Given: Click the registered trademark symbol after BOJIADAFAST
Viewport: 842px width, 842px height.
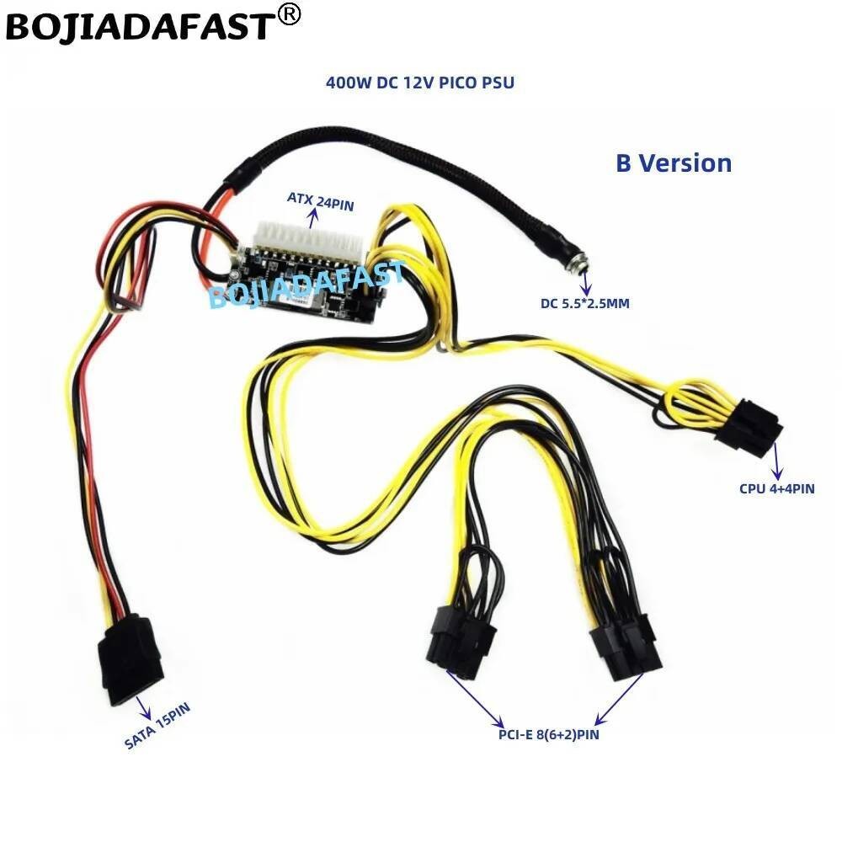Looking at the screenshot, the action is [289, 15].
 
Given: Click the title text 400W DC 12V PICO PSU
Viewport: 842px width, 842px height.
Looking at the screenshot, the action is [420, 83].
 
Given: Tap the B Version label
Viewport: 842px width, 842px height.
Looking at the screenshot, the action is [674, 163].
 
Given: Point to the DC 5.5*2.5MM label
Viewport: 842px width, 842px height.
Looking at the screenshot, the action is [585, 303].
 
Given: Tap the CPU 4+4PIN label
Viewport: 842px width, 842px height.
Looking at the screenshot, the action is [777, 488].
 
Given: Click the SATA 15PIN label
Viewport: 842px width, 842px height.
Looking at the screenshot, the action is [157, 725].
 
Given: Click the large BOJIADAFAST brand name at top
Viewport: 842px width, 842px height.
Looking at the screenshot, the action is [139, 25].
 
